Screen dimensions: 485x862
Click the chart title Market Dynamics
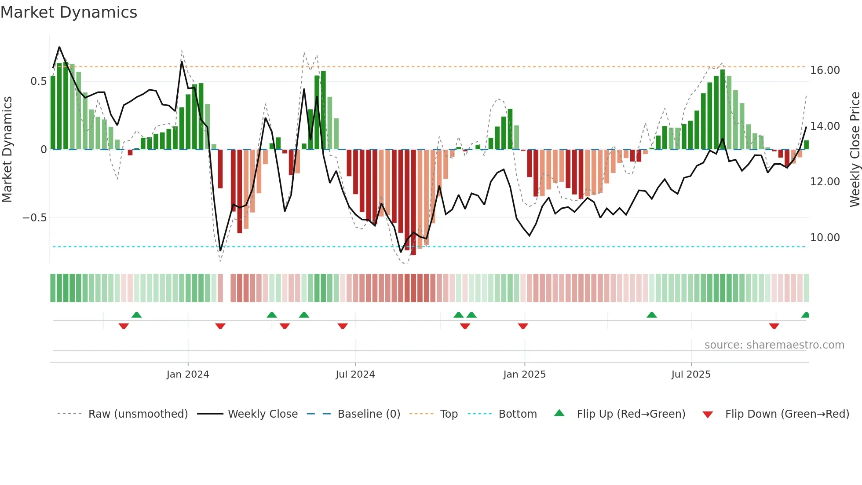(69, 12)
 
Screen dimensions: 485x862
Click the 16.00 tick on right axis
(825, 70)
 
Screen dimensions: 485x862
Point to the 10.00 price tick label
(825, 238)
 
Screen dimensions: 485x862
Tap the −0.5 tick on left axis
(34, 218)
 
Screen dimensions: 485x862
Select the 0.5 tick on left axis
(38, 81)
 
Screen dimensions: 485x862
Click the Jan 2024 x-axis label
(188, 375)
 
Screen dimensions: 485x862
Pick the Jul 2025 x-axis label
(690, 375)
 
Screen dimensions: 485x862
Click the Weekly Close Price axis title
(855, 150)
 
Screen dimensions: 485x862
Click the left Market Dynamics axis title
(7, 150)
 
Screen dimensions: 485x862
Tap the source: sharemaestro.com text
(774, 345)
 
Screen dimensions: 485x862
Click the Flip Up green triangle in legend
(559, 413)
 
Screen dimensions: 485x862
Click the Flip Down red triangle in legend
(708, 415)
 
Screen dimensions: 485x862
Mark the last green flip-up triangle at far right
(805, 315)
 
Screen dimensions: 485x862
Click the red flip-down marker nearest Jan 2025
(523, 326)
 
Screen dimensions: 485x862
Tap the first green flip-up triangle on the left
(137, 315)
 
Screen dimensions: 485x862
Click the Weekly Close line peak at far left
(59, 47)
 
